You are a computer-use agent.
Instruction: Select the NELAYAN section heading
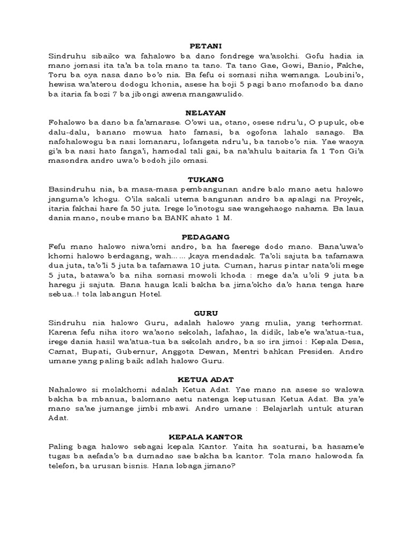click(x=206, y=113)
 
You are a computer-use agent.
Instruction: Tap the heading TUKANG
click(x=206, y=179)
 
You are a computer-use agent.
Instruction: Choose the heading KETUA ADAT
click(x=206, y=380)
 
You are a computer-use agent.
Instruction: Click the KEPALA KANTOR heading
click(x=206, y=437)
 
